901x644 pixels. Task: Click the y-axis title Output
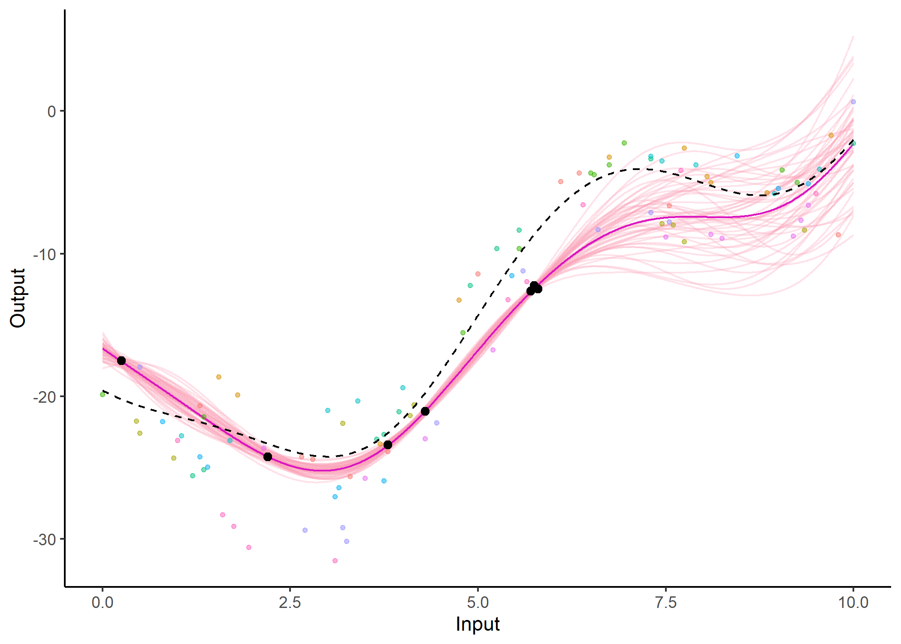click(x=18, y=298)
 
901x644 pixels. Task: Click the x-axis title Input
click(x=478, y=624)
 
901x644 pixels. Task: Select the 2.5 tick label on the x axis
click(x=290, y=602)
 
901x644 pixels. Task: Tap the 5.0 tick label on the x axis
click(x=478, y=602)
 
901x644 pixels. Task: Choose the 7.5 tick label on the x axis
click(x=665, y=602)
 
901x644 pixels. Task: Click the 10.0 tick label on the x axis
click(x=853, y=602)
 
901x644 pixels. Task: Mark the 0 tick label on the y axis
click(x=51, y=112)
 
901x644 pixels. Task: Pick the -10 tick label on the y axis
click(x=45, y=254)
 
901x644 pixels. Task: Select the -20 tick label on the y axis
click(x=45, y=397)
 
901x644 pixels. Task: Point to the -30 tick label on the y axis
click(x=45, y=540)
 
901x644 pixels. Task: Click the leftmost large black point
click(x=121, y=361)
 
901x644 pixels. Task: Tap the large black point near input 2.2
click(x=268, y=457)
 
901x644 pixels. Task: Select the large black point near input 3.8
click(x=388, y=445)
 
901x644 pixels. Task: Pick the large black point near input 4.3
click(x=425, y=411)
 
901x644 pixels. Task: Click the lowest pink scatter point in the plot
click(x=335, y=561)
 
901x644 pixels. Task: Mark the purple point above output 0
click(x=853, y=102)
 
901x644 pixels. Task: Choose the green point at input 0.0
click(x=103, y=395)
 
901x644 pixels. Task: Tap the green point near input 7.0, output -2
click(x=624, y=143)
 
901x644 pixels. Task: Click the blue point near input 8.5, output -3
click(x=737, y=156)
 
